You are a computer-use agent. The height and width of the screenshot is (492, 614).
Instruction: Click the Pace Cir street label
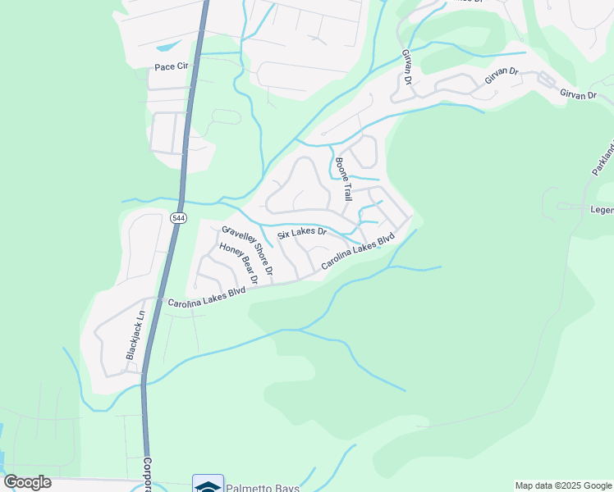(171, 66)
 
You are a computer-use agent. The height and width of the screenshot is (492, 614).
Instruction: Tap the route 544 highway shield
(179, 218)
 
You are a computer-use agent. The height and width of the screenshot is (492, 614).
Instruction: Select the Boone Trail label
(343, 180)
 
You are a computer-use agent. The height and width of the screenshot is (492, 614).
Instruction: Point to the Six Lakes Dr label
(301, 234)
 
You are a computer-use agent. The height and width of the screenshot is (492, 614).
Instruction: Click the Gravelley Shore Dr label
(248, 250)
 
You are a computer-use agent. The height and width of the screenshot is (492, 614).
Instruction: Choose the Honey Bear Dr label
(238, 264)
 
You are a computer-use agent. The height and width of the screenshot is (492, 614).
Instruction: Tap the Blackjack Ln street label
(135, 335)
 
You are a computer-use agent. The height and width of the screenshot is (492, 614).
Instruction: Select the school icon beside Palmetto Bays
(208, 485)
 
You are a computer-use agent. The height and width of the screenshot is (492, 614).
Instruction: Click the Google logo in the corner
(28, 482)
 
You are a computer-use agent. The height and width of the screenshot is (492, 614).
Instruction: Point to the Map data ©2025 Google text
(563, 485)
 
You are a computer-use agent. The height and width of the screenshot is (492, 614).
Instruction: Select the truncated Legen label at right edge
(602, 210)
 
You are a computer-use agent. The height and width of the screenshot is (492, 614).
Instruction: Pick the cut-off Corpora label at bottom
(148, 474)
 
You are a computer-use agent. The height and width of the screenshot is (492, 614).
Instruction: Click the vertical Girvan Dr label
(406, 66)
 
